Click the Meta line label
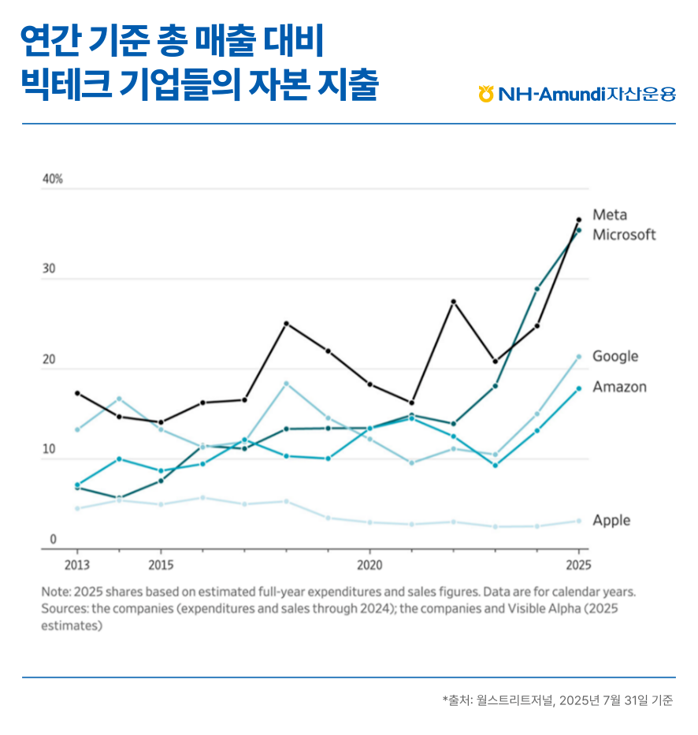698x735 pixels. tap(610, 215)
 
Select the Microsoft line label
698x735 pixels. tap(624, 235)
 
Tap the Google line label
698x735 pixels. tap(615, 356)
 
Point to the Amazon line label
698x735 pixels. tap(619, 387)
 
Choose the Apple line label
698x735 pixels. tap(611, 521)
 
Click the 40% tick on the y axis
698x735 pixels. tap(53, 180)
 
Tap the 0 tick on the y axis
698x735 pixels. tap(54, 540)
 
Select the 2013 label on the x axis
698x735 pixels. tap(77, 566)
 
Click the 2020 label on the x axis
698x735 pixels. tap(369, 566)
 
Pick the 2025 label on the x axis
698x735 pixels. tap(577, 566)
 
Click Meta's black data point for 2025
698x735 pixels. tap(578, 220)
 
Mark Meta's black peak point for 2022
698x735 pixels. tap(453, 302)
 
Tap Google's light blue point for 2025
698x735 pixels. tap(578, 357)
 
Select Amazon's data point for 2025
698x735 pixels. tap(578, 388)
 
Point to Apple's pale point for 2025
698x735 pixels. tap(578, 521)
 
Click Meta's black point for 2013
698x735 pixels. tap(77, 393)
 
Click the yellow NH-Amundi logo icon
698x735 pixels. tap(486, 94)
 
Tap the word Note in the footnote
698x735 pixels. tap(54, 592)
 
